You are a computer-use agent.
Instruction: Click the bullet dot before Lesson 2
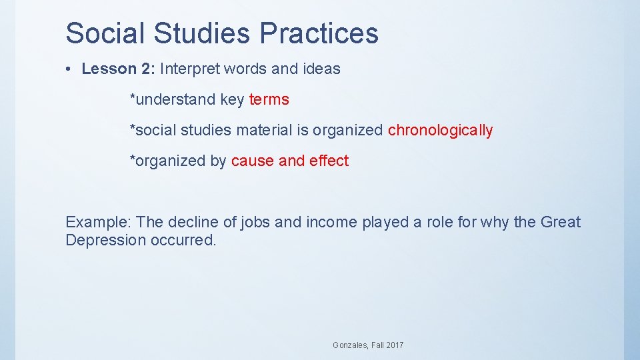(71, 69)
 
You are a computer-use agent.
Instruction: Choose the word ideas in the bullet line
(321, 69)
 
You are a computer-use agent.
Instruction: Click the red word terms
(269, 100)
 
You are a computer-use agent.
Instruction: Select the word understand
(175, 100)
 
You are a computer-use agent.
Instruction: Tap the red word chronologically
(440, 131)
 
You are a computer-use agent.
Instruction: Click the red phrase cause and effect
(290, 161)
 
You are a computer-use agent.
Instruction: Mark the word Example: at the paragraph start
(92, 223)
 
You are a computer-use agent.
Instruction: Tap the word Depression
(103, 241)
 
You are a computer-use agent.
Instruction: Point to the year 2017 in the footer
(393, 345)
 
